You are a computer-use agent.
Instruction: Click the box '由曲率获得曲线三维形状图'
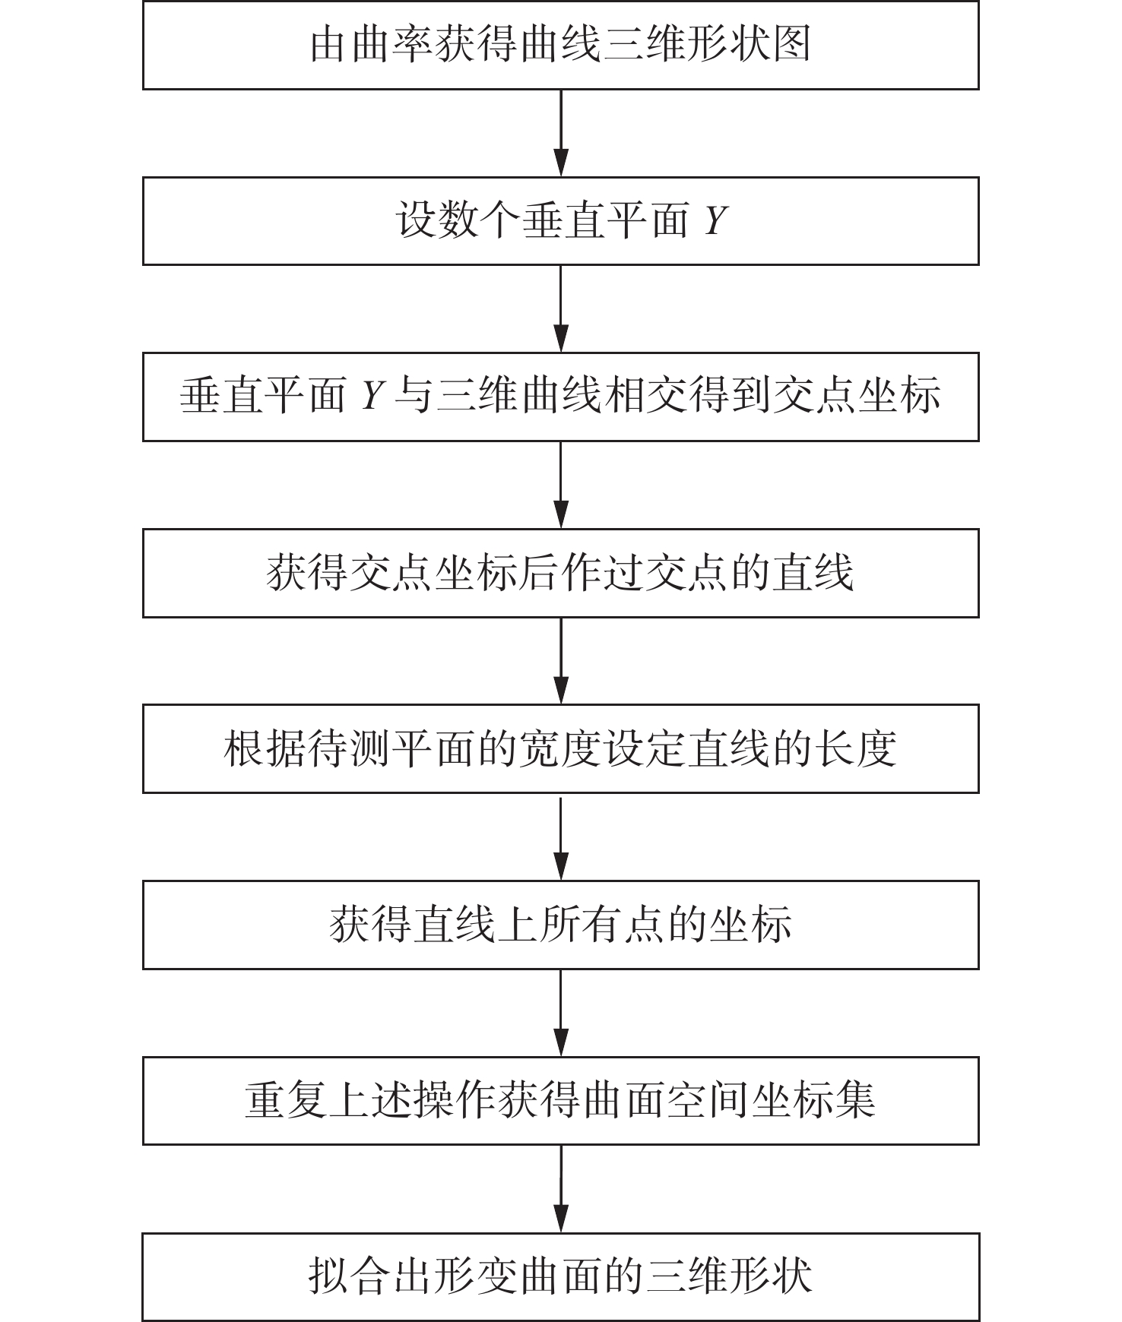point(560,46)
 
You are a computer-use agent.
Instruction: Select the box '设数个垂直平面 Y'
point(560,221)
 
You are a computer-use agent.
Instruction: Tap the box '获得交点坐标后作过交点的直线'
point(560,573)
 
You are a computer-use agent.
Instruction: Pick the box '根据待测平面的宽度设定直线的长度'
point(560,749)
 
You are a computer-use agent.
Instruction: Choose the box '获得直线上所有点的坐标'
point(560,925)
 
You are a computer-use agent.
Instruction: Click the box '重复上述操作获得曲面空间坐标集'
point(560,1101)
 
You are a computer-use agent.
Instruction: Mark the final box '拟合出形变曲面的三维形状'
point(560,1276)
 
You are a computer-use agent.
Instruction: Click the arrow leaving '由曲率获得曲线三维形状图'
point(560,133)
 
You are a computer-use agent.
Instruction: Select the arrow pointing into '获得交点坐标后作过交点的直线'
point(560,485)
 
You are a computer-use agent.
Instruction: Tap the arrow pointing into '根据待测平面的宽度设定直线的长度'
point(560,661)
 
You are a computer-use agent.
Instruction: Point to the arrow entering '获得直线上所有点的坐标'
point(560,837)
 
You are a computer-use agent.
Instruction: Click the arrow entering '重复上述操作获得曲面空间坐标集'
point(560,1013)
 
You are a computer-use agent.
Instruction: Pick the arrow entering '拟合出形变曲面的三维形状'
point(560,1189)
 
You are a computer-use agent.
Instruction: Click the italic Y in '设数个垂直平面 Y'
point(715,222)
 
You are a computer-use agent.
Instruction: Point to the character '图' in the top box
point(791,46)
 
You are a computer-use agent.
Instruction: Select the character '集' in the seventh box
point(855,1101)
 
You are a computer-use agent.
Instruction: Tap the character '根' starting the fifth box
point(244,749)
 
